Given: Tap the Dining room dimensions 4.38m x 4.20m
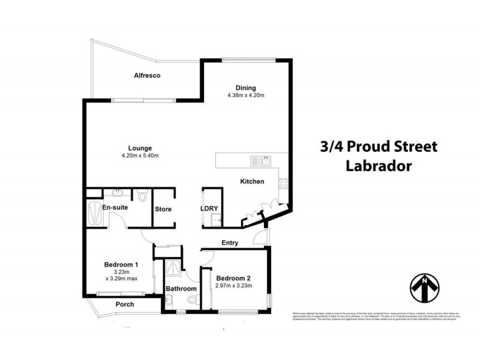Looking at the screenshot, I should coord(246,95).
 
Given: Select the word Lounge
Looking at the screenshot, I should coord(139,148).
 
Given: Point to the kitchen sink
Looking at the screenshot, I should coord(262,160).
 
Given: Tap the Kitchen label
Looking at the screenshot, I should coord(252,181).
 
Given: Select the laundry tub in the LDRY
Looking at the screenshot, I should coord(213,221).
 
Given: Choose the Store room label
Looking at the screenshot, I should coord(163,209).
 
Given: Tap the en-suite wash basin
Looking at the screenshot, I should coord(116,193).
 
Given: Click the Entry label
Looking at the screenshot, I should coord(230,243).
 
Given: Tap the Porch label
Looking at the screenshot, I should coord(125,304).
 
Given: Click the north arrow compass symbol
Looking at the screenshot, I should coord(425,287).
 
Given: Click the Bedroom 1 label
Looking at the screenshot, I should coord(121,265).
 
